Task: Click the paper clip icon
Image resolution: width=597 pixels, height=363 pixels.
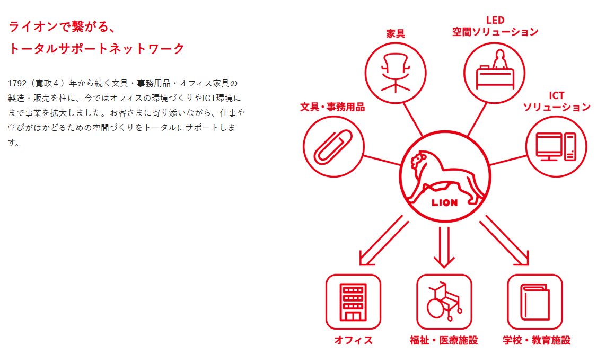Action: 333,146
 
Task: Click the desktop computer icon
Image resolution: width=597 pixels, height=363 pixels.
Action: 556,146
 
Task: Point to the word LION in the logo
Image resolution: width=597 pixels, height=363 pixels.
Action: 444,202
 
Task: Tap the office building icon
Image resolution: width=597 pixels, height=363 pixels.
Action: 353,302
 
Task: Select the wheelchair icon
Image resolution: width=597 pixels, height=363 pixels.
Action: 444,302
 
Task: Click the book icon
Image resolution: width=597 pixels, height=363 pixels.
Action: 534,302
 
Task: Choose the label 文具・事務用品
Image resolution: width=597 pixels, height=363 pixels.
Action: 332,107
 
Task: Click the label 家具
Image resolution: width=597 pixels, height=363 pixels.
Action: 396,33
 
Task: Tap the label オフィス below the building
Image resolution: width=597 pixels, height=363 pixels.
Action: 353,340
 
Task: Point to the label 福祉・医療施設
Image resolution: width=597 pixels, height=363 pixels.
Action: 444,340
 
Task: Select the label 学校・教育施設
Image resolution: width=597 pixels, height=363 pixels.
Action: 537,340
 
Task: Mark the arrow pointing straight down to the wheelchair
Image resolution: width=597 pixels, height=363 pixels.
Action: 444,247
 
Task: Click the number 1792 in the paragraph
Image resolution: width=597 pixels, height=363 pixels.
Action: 19,84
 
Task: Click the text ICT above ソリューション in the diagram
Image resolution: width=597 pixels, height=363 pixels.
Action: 556,96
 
